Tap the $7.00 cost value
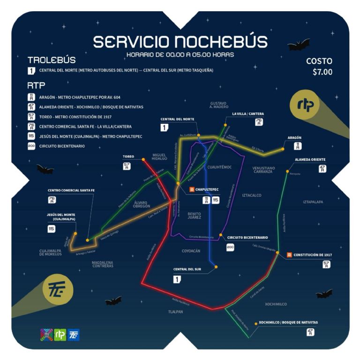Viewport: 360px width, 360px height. tap(322, 72)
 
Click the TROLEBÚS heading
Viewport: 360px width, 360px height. tap(52, 60)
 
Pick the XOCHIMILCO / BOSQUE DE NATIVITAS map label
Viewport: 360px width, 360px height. tap(288, 322)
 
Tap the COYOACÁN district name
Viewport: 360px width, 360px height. tap(191, 251)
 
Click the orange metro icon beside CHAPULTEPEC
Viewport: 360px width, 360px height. tap(191, 189)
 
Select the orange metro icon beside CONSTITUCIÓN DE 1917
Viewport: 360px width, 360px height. tap(289, 255)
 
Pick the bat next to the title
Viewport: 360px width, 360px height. tap(298, 45)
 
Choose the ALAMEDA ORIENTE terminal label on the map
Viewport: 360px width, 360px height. tap(310, 159)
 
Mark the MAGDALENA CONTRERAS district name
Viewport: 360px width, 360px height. tap(103, 263)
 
